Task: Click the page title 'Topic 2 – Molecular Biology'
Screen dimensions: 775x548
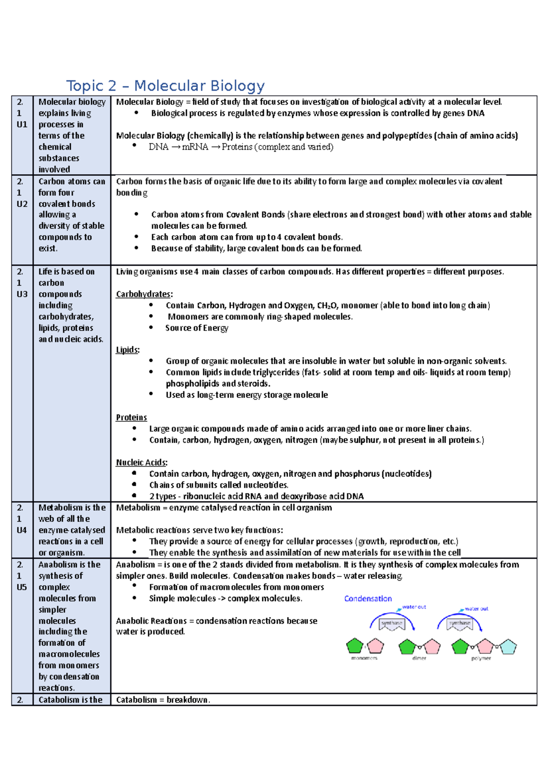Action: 165,86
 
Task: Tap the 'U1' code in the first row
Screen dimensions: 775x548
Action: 22,124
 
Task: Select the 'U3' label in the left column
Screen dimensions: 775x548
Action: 22,294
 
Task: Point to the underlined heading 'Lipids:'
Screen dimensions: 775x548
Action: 127,350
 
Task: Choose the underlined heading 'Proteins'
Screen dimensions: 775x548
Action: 132,418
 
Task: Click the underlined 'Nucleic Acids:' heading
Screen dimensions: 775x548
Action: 142,462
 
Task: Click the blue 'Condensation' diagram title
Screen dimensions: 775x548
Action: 368,598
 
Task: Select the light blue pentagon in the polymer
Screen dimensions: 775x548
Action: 507,647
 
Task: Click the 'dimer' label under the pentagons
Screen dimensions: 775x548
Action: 419,658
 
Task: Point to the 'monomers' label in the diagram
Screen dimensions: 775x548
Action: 364,658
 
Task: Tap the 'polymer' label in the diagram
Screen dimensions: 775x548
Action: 481,658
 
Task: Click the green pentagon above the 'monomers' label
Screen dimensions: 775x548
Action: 354,646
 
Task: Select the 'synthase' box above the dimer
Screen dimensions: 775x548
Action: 392,623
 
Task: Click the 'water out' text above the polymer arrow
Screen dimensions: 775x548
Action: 476,608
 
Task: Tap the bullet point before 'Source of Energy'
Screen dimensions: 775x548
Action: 151,328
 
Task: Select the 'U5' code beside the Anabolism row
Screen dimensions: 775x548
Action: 22,587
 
